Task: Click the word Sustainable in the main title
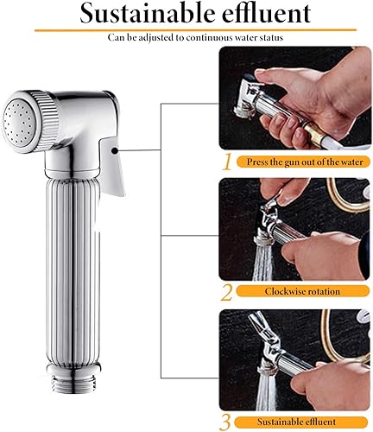[x=148, y=13]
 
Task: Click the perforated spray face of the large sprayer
[x=19, y=122]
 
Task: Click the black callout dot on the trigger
[x=115, y=150]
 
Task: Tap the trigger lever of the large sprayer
[x=112, y=165]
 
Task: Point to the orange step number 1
[x=227, y=162]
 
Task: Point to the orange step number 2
[x=226, y=293]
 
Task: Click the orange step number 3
[x=225, y=423]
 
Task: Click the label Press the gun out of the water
[x=305, y=162]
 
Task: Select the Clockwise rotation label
[x=302, y=291]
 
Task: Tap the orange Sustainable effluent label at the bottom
[x=296, y=422]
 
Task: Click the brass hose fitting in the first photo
[x=313, y=132]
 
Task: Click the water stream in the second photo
[x=262, y=262]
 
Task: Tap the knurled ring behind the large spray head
[x=47, y=121]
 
